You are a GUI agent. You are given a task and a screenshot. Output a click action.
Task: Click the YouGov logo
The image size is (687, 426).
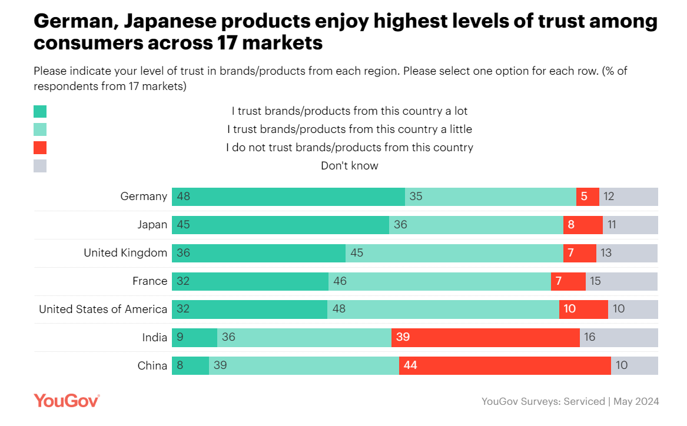(67, 401)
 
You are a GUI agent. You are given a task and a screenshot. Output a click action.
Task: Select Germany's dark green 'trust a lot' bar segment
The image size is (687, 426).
(288, 197)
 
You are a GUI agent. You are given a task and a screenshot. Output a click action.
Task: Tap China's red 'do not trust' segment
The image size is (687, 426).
(505, 365)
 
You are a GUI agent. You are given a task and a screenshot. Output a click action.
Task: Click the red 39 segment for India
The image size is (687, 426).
(485, 337)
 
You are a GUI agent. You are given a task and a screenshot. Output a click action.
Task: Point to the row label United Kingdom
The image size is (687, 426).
(125, 253)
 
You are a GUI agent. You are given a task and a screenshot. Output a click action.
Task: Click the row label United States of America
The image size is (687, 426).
(103, 309)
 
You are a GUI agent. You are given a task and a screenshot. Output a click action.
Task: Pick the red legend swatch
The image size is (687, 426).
(40, 148)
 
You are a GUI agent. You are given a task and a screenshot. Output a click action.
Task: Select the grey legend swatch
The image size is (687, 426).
(40, 166)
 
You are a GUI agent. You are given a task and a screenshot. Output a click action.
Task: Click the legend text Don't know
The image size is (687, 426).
(349, 166)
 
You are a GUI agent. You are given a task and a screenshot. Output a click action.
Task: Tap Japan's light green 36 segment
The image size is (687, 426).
(476, 225)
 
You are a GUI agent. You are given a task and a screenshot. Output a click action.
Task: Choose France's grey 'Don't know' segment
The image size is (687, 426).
(622, 281)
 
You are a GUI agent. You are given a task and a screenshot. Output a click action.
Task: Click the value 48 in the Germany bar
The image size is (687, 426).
(183, 197)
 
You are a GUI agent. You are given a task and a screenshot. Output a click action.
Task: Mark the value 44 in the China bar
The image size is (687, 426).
(410, 365)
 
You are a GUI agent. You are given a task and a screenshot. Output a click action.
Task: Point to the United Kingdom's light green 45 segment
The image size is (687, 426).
(454, 253)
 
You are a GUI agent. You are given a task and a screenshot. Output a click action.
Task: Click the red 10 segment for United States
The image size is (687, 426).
(583, 309)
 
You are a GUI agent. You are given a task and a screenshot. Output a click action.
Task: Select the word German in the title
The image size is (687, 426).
(70, 22)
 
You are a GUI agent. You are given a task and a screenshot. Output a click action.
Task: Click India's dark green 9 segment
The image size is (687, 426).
(194, 337)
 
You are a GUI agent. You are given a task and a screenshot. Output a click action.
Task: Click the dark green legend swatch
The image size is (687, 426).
(40, 111)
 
